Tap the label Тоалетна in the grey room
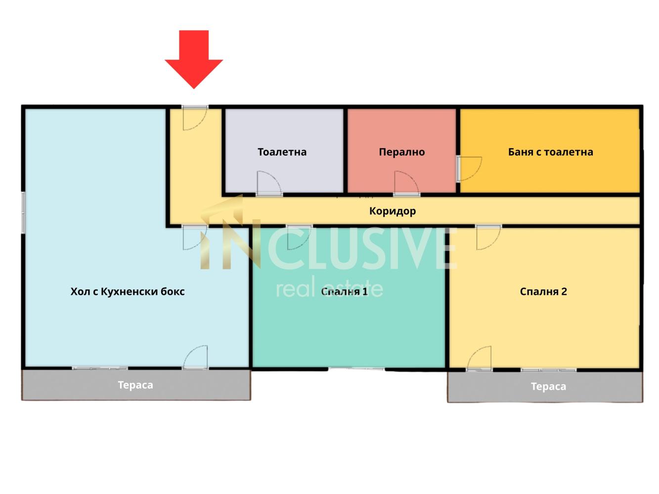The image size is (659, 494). (x=282, y=152)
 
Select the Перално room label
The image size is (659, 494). (x=402, y=152)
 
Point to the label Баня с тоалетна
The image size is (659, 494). (x=551, y=152)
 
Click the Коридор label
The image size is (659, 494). (x=393, y=211)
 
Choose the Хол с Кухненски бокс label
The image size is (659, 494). (x=128, y=291)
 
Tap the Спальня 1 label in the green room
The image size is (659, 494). (x=345, y=291)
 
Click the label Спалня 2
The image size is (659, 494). (x=543, y=291)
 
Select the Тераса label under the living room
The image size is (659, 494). (x=135, y=385)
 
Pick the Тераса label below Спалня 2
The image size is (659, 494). (x=549, y=386)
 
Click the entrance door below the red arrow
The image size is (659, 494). (x=195, y=118)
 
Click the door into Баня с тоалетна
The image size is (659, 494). (x=469, y=168)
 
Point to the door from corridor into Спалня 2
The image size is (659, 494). (x=488, y=237)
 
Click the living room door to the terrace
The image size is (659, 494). (x=195, y=357)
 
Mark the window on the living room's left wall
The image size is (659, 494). (x=23, y=212)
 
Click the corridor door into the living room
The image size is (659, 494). (x=195, y=237)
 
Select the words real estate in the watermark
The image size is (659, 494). (x=329, y=288)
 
